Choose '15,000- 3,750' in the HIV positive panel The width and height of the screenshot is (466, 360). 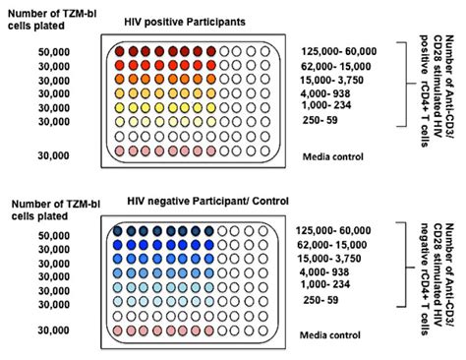(x=336, y=80)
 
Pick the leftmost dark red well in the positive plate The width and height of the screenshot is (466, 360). (x=120, y=50)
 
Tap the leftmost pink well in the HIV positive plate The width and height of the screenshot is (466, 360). (x=120, y=151)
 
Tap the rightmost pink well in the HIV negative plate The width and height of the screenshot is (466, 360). (x=209, y=332)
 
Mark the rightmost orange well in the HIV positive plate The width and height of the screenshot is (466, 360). (x=209, y=80)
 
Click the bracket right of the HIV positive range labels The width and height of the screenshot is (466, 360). (x=403, y=84)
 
